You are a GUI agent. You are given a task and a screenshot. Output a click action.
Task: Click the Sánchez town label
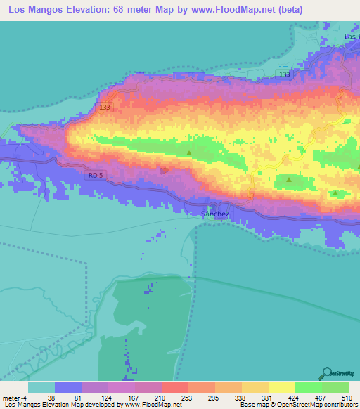coord(215,214)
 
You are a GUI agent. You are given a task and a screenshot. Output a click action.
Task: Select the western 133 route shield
coord(105,107)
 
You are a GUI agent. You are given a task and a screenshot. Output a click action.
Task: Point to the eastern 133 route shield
coord(284,74)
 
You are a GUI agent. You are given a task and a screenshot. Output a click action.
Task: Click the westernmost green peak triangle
coord(189,152)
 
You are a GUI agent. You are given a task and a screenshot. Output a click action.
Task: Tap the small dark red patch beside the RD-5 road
coord(165,169)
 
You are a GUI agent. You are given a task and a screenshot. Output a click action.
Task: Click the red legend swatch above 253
coord(174,387)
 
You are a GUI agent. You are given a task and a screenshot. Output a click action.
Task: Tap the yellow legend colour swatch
coord(281,387)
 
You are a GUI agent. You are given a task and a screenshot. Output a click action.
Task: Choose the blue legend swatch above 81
coord(67,387)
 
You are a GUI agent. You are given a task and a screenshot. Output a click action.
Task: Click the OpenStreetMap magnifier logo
coord(326,373)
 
